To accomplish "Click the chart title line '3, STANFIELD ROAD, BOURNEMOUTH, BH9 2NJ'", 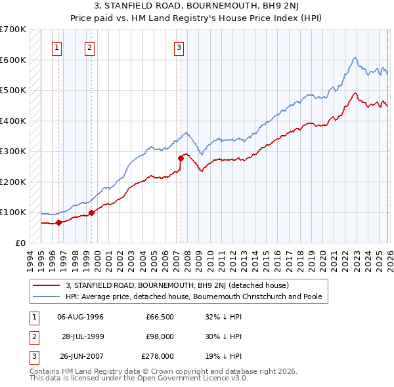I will (197, 7).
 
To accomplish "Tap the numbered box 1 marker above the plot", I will (58, 47).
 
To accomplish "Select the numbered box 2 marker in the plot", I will (89, 47).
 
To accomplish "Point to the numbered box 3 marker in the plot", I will (179, 47).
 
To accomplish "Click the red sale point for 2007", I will (181, 158).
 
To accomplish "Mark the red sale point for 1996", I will (58, 222).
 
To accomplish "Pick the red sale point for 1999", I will (91, 213).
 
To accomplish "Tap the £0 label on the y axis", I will (20, 243).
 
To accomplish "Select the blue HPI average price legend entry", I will (193, 296).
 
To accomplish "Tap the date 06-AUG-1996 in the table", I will (80, 317).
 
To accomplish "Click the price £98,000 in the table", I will (160, 336).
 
